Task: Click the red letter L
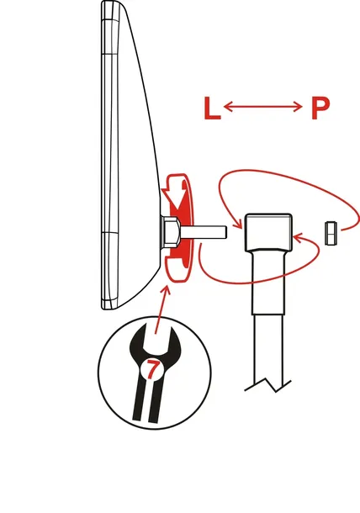[x=212, y=108]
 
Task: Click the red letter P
[x=320, y=108]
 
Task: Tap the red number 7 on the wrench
[x=151, y=369]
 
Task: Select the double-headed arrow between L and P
[x=262, y=106]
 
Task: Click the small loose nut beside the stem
[x=331, y=233]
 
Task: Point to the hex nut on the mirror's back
[x=170, y=231]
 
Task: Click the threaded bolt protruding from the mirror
[x=203, y=231]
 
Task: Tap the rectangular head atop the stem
[x=268, y=232]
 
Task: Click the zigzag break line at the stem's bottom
[x=267, y=385]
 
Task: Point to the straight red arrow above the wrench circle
[x=161, y=309]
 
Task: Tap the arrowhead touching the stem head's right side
[x=298, y=238]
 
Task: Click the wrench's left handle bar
[x=139, y=399]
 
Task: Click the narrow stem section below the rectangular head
[x=268, y=282]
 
